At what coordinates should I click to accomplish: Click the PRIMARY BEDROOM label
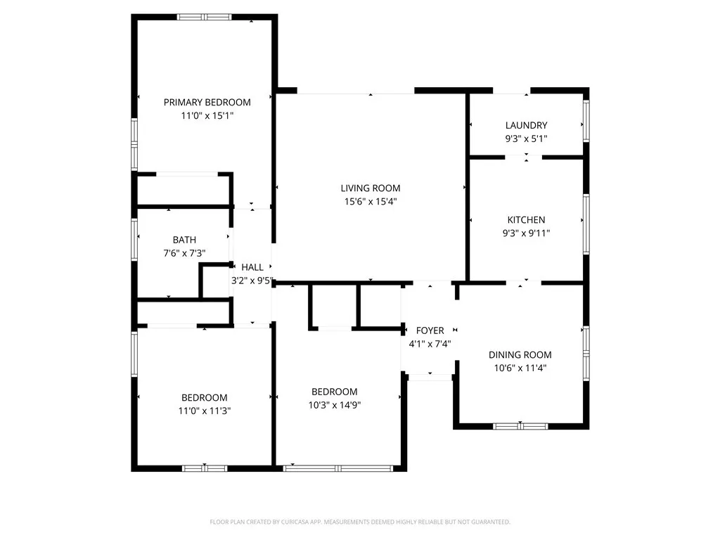(207, 102)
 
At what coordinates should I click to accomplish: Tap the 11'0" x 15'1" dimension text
(207, 115)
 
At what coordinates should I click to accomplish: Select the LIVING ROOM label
(371, 188)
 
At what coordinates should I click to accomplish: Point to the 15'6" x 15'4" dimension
(371, 201)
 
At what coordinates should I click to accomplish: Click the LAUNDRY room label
(526, 126)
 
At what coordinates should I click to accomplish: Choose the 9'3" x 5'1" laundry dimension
(526, 139)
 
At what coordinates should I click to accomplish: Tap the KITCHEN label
(526, 220)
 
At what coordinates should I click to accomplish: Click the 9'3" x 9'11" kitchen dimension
(526, 233)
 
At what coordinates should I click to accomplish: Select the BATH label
(184, 240)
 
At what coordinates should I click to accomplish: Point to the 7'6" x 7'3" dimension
(184, 253)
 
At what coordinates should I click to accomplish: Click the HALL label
(252, 267)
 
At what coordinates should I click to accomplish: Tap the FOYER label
(430, 330)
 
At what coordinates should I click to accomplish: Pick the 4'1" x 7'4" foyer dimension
(430, 344)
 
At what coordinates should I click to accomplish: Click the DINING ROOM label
(520, 355)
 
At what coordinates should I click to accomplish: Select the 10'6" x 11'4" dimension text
(520, 368)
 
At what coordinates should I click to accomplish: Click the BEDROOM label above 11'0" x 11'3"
(205, 397)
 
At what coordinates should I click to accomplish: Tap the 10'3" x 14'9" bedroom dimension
(335, 404)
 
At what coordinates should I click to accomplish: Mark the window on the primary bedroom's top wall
(203, 17)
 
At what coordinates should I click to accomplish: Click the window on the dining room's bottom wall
(520, 425)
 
